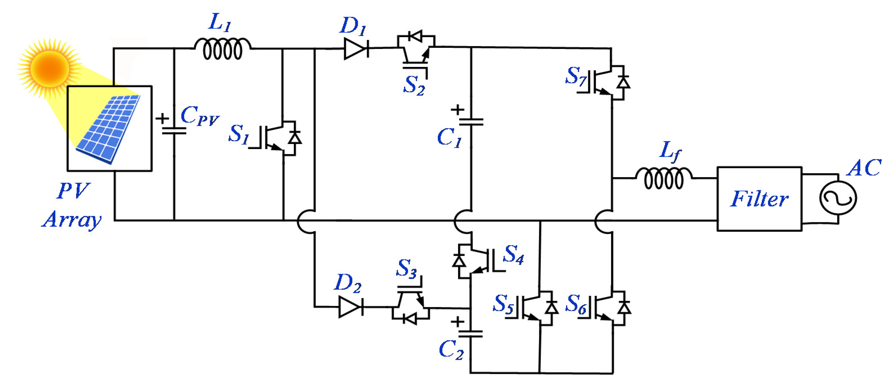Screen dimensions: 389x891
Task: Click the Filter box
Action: pyautogui.click(x=759, y=199)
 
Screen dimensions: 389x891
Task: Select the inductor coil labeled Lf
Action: pyautogui.click(x=663, y=178)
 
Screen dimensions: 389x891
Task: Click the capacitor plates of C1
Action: pyautogui.click(x=471, y=122)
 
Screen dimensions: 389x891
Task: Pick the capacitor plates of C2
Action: pyautogui.click(x=471, y=334)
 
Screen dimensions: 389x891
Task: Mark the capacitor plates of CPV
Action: pyautogui.click(x=174, y=130)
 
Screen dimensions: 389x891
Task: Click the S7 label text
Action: pyautogui.click(x=576, y=76)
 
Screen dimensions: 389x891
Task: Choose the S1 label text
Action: pyautogui.click(x=239, y=134)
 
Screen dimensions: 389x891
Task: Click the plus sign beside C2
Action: pyautogui.click(x=457, y=322)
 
